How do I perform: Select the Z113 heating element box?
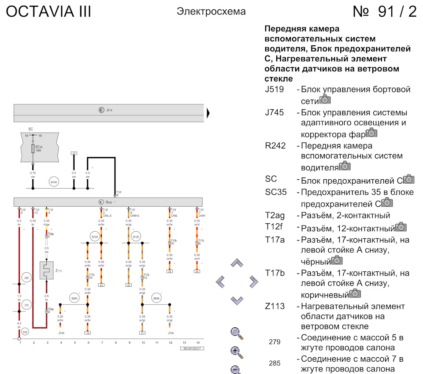tap(46, 270)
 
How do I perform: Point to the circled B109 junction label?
tap(95, 237)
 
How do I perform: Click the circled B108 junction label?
tap(136, 237)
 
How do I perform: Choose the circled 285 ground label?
tap(26, 278)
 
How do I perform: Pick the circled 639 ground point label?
tap(25, 332)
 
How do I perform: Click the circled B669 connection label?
tap(74, 298)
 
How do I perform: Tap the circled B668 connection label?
tap(156, 298)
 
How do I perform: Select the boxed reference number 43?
tap(101, 285)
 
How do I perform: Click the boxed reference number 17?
tap(74, 153)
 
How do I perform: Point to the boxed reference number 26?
tap(197, 271)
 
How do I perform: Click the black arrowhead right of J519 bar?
tap(208, 113)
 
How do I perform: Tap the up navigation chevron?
tap(237, 263)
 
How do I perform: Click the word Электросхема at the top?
tap(211, 11)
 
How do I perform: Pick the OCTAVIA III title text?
tap(48, 12)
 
